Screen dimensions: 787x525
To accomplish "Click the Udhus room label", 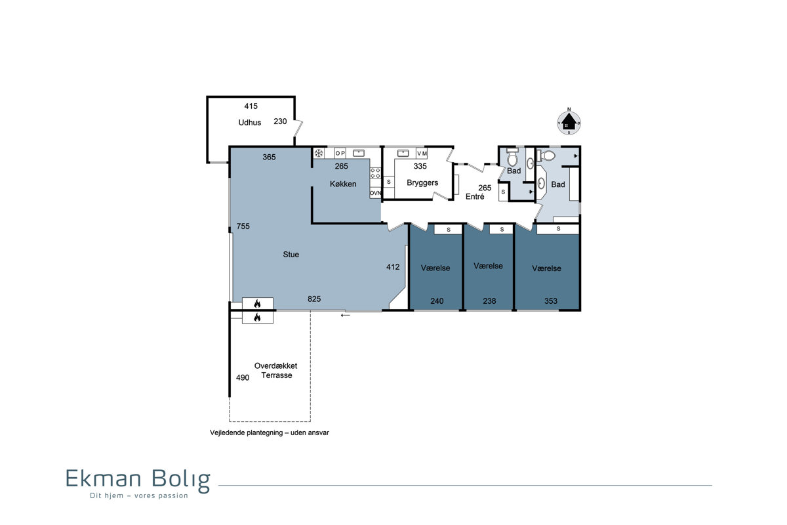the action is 249,123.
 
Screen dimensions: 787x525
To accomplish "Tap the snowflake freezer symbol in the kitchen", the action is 319,154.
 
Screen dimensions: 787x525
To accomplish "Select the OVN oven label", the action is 375,193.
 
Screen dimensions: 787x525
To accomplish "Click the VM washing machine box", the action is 422,154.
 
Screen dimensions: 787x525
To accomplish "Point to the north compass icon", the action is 569,122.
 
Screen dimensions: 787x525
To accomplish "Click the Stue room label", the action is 291,255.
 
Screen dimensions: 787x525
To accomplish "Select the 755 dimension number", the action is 243,226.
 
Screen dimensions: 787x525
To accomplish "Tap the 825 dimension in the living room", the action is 314,299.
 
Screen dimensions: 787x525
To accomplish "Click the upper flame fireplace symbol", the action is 257,304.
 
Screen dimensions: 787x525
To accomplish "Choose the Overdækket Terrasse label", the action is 276,371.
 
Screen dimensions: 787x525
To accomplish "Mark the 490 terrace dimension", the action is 243,377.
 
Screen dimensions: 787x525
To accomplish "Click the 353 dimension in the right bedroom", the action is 550,301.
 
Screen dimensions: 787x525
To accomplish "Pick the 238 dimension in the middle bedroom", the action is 489,301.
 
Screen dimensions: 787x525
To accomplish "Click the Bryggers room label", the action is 422,183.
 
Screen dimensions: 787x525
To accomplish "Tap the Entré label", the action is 475,197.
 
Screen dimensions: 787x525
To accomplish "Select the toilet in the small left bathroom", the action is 513,157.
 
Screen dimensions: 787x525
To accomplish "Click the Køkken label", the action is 343,184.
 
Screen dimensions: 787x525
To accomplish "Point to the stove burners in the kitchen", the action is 375,173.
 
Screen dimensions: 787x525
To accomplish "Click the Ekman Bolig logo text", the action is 138,480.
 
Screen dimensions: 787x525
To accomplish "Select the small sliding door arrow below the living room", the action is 346,316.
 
